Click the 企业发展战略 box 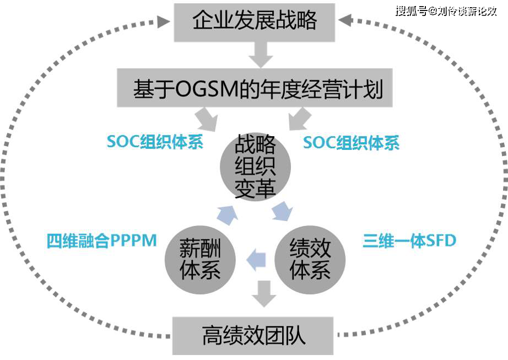255,22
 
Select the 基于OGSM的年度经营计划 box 255,88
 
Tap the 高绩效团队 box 253,335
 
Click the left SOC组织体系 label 155,142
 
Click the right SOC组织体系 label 351,142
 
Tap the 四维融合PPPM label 102,241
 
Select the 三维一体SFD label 409,241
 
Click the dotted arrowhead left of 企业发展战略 163,22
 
